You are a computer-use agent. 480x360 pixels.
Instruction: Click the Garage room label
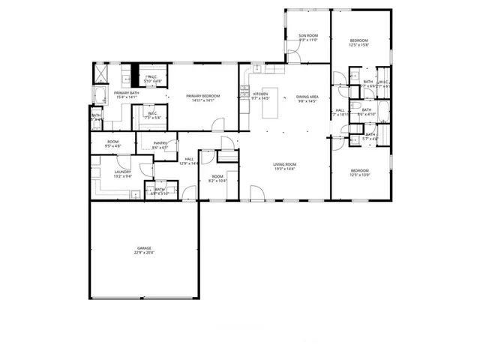pos(144,247)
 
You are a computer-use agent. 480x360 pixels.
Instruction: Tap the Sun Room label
pos(308,36)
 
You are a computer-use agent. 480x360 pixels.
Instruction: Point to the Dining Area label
pos(307,97)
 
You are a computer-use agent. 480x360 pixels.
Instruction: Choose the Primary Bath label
pos(126,93)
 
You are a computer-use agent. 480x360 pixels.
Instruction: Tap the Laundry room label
pos(123,172)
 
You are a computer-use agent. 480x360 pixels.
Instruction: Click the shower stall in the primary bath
pos(99,73)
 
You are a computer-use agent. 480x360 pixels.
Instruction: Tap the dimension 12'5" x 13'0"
pos(360,175)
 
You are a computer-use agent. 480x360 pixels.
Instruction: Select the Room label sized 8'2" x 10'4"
pos(217,179)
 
